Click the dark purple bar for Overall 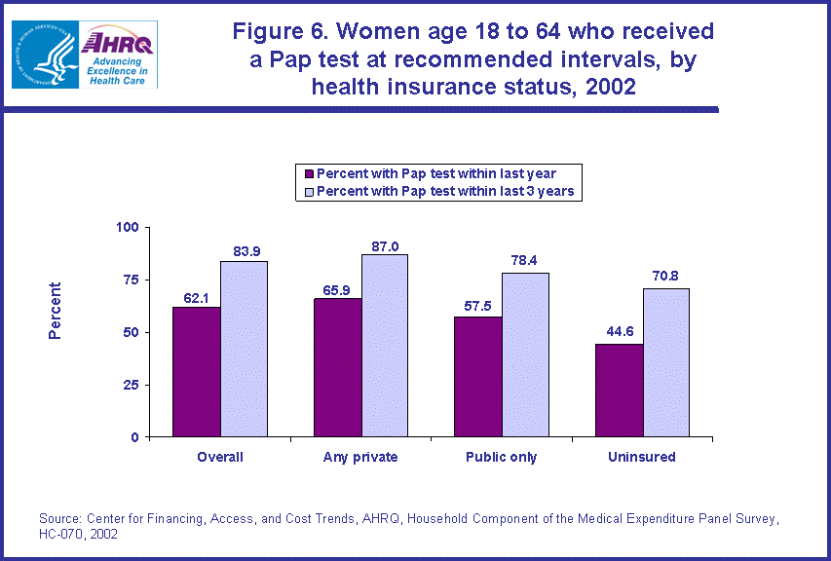197,372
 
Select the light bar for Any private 385,346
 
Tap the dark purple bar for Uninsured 620,391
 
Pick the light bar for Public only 526,355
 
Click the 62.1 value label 197,296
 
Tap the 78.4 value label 526,261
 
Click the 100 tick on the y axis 128,227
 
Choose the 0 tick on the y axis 134,437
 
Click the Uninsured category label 642,457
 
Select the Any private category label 360,457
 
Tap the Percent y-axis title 56,311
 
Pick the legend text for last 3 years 447,191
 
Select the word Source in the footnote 59,519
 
